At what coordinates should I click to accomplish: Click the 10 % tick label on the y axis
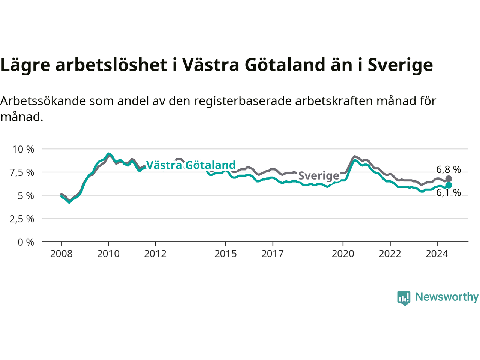click(23, 150)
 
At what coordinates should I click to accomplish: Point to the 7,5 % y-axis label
click(22, 173)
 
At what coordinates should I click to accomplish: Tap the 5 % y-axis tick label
click(26, 196)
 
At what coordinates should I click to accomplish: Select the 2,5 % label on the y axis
click(22, 219)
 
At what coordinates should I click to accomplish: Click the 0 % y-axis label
click(26, 242)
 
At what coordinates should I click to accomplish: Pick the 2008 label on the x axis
click(61, 254)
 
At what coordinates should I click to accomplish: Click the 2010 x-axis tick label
click(108, 254)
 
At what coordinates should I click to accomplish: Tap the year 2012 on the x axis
click(155, 254)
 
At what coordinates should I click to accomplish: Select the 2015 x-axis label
click(226, 254)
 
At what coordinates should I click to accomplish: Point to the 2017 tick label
click(273, 254)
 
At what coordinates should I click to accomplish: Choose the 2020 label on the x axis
click(343, 254)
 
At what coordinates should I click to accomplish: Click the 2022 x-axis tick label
click(390, 254)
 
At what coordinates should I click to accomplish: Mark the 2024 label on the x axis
click(437, 254)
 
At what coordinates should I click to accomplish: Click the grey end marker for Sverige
click(448, 179)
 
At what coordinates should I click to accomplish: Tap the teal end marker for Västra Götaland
click(448, 185)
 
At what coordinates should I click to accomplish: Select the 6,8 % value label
click(448, 169)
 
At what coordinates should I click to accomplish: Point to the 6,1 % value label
click(448, 193)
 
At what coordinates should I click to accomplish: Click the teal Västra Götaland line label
click(191, 165)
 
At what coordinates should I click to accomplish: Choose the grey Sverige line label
click(319, 176)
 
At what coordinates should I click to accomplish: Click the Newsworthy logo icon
click(403, 298)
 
